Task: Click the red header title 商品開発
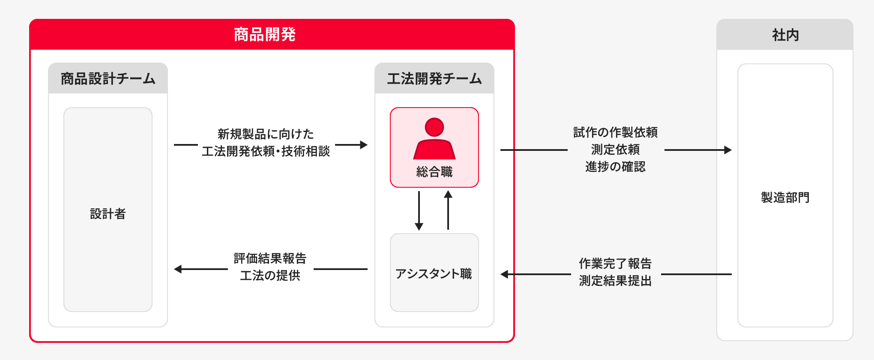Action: point(265,35)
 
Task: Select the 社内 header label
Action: point(785,35)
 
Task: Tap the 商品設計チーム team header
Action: point(108,79)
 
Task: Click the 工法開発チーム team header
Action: point(434,79)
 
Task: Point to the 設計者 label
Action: point(108,214)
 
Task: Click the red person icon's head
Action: point(434,127)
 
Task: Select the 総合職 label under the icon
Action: point(434,172)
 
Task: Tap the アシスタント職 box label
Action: point(434,274)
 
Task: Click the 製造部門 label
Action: point(785,198)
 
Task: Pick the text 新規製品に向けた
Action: point(266,134)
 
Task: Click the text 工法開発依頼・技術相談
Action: point(266,151)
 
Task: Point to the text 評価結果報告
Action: point(270,258)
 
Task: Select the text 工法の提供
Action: point(270,276)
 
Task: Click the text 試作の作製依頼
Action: point(615,132)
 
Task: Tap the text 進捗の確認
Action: point(615,167)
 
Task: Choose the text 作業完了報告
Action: point(615,264)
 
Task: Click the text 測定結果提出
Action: point(615,281)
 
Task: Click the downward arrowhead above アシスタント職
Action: point(419,227)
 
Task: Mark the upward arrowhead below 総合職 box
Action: point(448,194)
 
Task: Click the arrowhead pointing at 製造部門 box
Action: point(728,150)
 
